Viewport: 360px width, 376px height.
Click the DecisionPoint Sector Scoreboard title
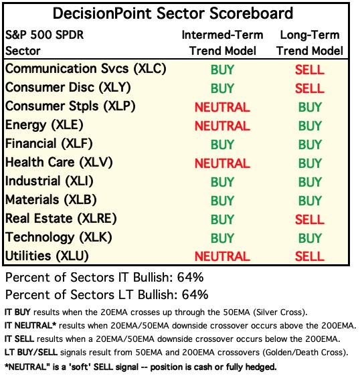click(173, 13)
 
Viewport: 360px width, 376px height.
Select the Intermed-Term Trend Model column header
click(223, 43)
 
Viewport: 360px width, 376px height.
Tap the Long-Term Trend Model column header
click(310, 43)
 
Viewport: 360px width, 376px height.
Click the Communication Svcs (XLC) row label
click(86, 69)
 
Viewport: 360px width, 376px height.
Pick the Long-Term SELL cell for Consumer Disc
click(309, 88)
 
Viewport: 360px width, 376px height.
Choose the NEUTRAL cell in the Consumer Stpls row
click(222, 107)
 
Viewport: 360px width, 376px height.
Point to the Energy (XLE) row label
click(44, 125)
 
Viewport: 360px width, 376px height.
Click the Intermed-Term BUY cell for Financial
click(222, 145)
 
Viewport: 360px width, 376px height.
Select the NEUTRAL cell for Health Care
click(222, 163)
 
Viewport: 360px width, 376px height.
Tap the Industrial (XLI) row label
click(49, 181)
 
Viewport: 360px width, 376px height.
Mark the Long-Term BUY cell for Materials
click(310, 201)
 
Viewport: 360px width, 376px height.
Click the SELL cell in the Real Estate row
click(309, 219)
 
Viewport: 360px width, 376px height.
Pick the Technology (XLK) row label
click(58, 238)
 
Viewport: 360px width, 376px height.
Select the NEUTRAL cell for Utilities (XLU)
click(222, 256)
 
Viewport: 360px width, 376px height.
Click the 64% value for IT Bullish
click(190, 278)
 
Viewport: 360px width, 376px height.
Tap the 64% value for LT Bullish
click(195, 294)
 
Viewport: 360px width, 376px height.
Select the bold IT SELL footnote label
click(19, 339)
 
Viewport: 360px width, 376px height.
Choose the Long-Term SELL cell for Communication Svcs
click(309, 70)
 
